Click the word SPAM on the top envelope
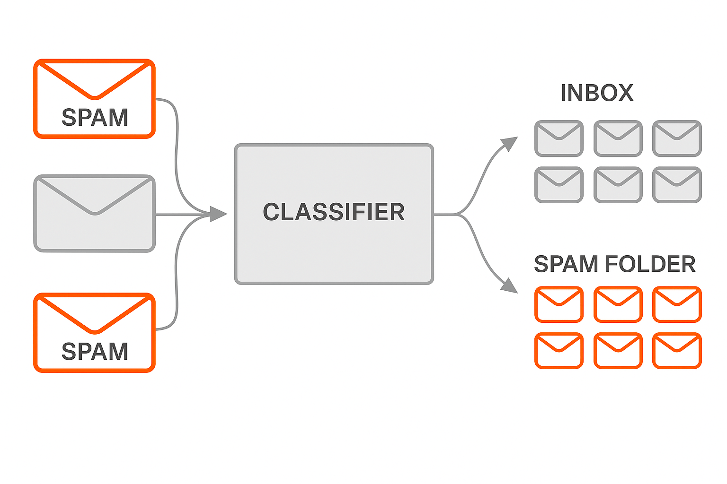pyautogui.click(x=95, y=117)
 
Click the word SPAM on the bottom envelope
pyautogui.click(x=95, y=351)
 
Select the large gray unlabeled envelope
pyautogui.click(x=95, y=214)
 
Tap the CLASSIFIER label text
pyautogui.click(x=334, y=212)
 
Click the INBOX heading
pyautogui.click(x=597, y=93)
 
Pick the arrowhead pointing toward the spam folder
pyautogui.click(x=509, y=285)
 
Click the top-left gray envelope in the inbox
pyautogui.click(x=559, y=138)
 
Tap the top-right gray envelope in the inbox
pyautogui.click(x=677, y=138)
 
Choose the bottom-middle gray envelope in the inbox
pyautogui.click(x=618, y=185)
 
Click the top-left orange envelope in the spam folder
pyautogui.click(x=559, y=304)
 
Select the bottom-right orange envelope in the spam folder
pyautogui.click(x=677, y=351)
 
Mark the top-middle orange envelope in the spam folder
pyautogui.click(x=618, y=304)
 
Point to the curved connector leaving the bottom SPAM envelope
pyautogui.click(x=177, y=284)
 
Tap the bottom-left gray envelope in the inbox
pyautogui.click(x=559, y=185)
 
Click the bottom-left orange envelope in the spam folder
pyautogui.click(x=559, y=351)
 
